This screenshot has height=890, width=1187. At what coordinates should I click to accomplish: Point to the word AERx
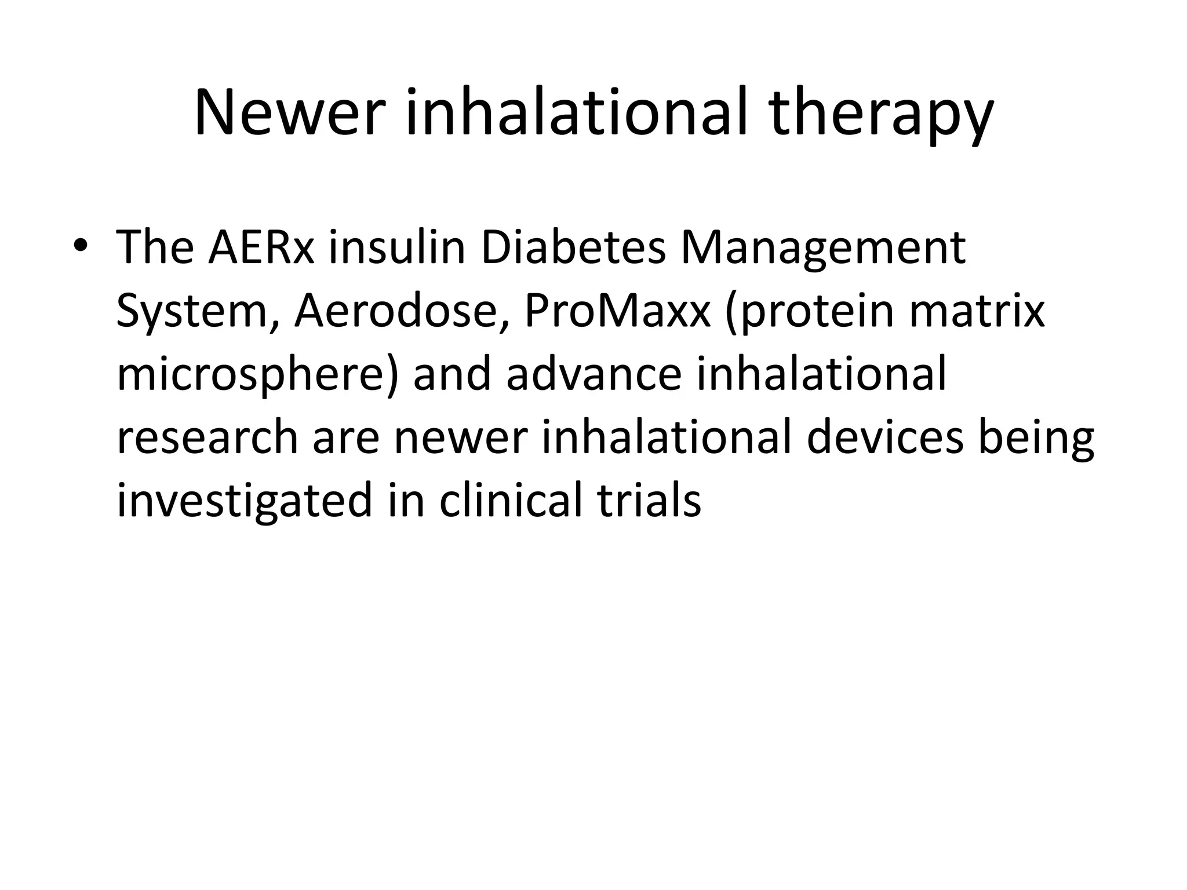[262, 248]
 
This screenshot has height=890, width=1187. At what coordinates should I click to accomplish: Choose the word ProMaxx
[617, 312]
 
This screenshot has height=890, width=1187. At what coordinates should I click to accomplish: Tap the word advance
[593, 375]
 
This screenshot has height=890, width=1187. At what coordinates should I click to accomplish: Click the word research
[207, 438]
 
